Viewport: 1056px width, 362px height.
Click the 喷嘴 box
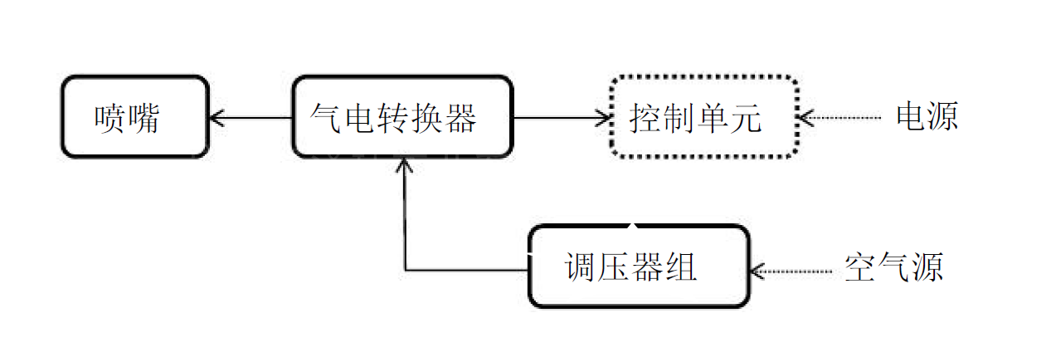click(134, 117)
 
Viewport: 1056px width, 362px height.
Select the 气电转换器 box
click(401, 117)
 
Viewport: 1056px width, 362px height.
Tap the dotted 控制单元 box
click(704, 117)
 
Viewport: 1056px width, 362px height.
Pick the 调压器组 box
click(639, 267)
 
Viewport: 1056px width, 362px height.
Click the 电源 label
click(927, 117)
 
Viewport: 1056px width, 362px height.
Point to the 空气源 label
click(893, 268)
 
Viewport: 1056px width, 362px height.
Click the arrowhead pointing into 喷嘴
click(217, 118)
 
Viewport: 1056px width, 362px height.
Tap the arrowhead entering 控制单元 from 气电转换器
click(605, 118)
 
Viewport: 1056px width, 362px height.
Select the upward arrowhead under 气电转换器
click(405, 164)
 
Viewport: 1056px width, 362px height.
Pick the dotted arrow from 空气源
click(791, 270)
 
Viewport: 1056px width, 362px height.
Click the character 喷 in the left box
click(109, 118)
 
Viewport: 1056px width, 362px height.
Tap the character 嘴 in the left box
click(144, 118)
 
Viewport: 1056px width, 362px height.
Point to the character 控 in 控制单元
click(645, 118)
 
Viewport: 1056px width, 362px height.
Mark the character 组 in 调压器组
click(680, 267)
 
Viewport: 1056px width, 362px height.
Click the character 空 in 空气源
click(860, 268)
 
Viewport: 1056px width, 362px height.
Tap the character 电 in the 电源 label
click(911, 117)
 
